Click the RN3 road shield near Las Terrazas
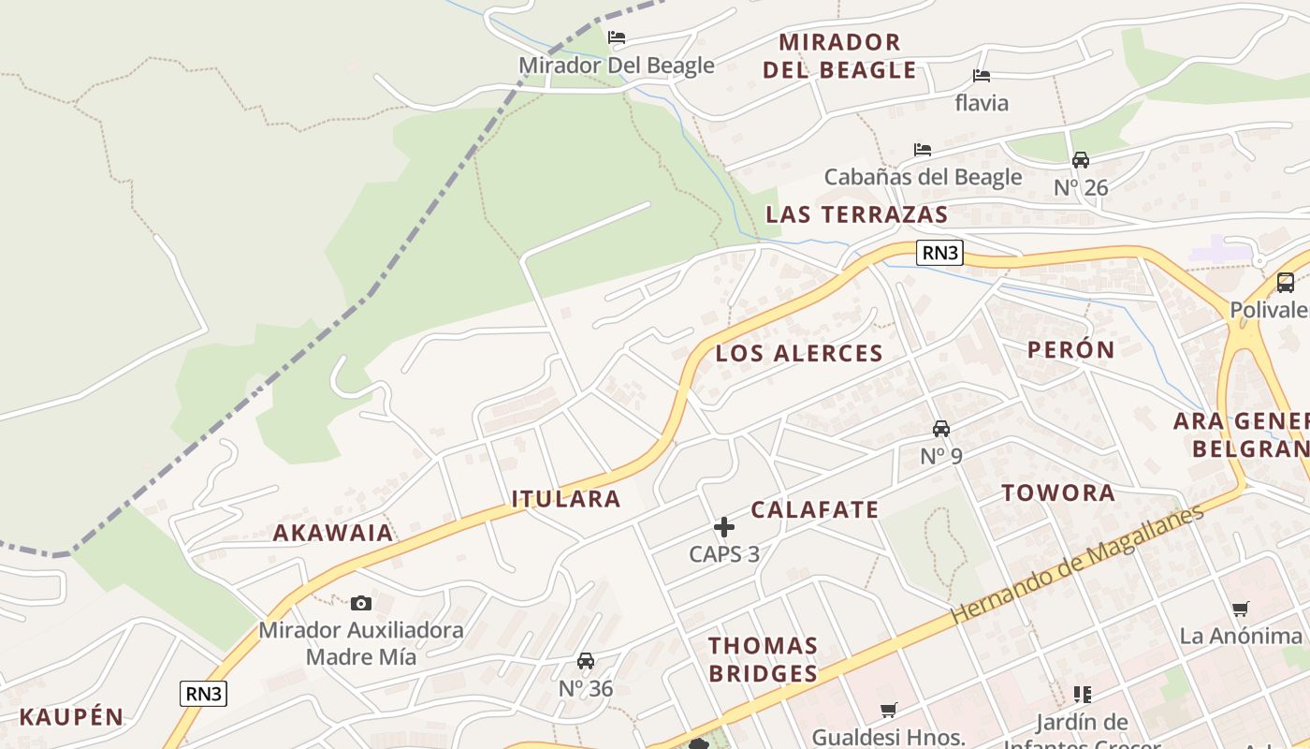[939, 253]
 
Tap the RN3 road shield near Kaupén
[203, 694]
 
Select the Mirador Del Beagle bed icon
[616, 37]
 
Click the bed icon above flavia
[981, 76]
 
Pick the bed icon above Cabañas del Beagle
[923, 150]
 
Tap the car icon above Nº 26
[1081, 160]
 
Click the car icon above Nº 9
[941, 429]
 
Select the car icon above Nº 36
[586, 661]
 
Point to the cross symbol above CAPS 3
[724, 527]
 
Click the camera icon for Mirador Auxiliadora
[361, 604]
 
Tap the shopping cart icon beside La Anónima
[1241, 609]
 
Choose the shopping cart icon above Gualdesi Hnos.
[888, 711]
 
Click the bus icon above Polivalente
[1286, 283]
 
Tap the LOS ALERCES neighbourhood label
[799, 353]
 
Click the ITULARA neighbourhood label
[566, 499]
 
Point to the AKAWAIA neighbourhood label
[333, 533]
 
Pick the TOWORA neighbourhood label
[1058, 492]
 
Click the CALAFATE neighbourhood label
[815, 509]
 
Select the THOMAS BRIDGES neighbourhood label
[763, 659]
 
